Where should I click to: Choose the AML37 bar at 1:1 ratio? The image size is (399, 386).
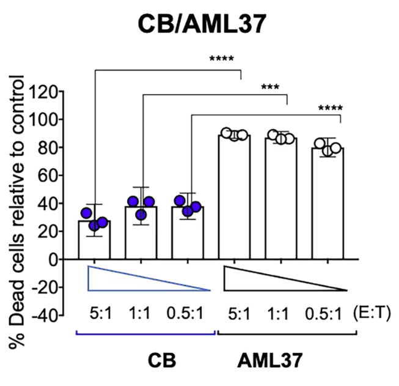click(281, 199)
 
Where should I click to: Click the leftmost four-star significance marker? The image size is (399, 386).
click(221, 59)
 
